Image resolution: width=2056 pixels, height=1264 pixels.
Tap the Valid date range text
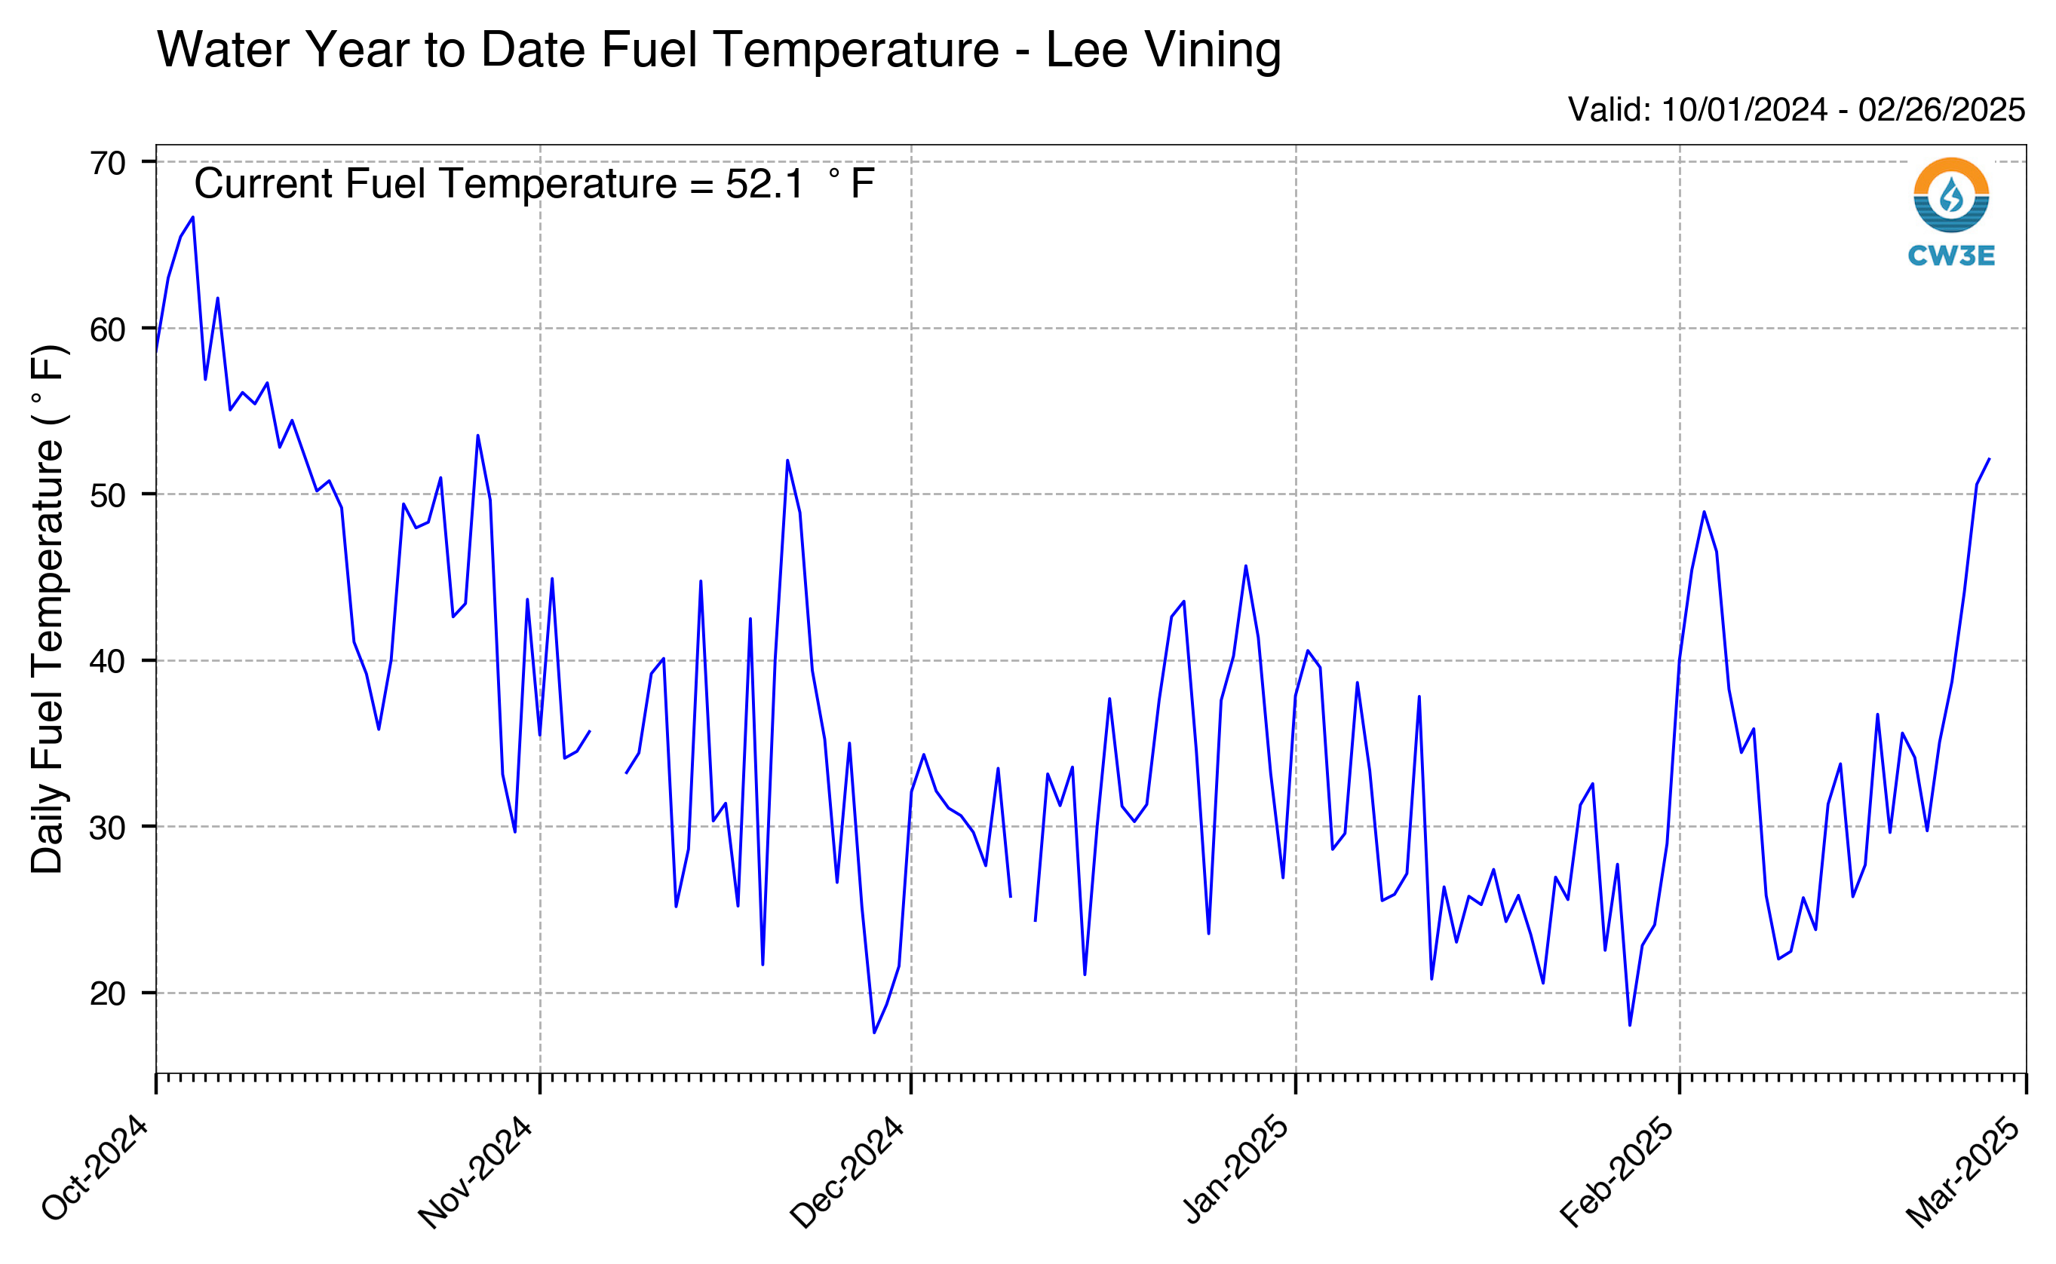(1796, 109)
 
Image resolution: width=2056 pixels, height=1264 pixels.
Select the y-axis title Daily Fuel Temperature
(48, 608)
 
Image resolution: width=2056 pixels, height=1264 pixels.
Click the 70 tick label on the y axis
(108, 163)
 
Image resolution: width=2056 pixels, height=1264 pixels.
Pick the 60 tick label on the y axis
(108, 329)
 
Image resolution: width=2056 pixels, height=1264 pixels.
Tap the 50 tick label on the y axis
(108, 495)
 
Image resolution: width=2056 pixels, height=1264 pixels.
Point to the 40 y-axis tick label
(108, 661)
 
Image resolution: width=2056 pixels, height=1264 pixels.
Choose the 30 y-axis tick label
(108, 828)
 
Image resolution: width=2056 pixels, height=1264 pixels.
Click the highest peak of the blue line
(193, 217)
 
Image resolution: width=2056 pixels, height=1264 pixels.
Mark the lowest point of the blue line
(874, 1033)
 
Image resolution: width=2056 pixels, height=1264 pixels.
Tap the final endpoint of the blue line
(1989, 459)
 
